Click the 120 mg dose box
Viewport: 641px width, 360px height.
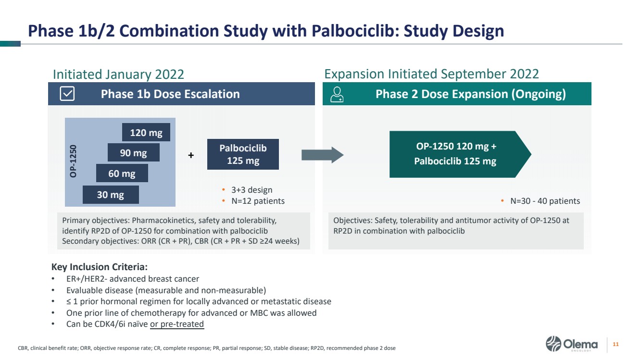(146, 132)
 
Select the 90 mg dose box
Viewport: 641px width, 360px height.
(133, 152)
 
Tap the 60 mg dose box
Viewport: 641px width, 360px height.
(122, 173)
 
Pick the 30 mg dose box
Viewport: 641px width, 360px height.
(111, 195)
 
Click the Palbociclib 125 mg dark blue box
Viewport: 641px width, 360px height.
(243, 154)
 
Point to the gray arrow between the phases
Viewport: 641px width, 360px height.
(323, 155)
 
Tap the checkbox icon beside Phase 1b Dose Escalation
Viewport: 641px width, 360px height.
(67, 94)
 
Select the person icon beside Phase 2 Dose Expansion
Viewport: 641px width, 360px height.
(337, 94)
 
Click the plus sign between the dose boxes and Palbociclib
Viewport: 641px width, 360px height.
(191, 155)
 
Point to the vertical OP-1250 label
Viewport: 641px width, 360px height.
(73, 161)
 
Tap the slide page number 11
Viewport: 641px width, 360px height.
(616, 344)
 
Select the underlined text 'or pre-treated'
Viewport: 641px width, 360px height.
(177, 324)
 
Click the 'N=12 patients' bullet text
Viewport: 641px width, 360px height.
(258, 201)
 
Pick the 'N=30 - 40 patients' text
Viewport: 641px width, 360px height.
(545, 201)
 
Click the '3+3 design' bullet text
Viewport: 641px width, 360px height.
(252, 190)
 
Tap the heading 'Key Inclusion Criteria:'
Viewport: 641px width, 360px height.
(99, 267)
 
